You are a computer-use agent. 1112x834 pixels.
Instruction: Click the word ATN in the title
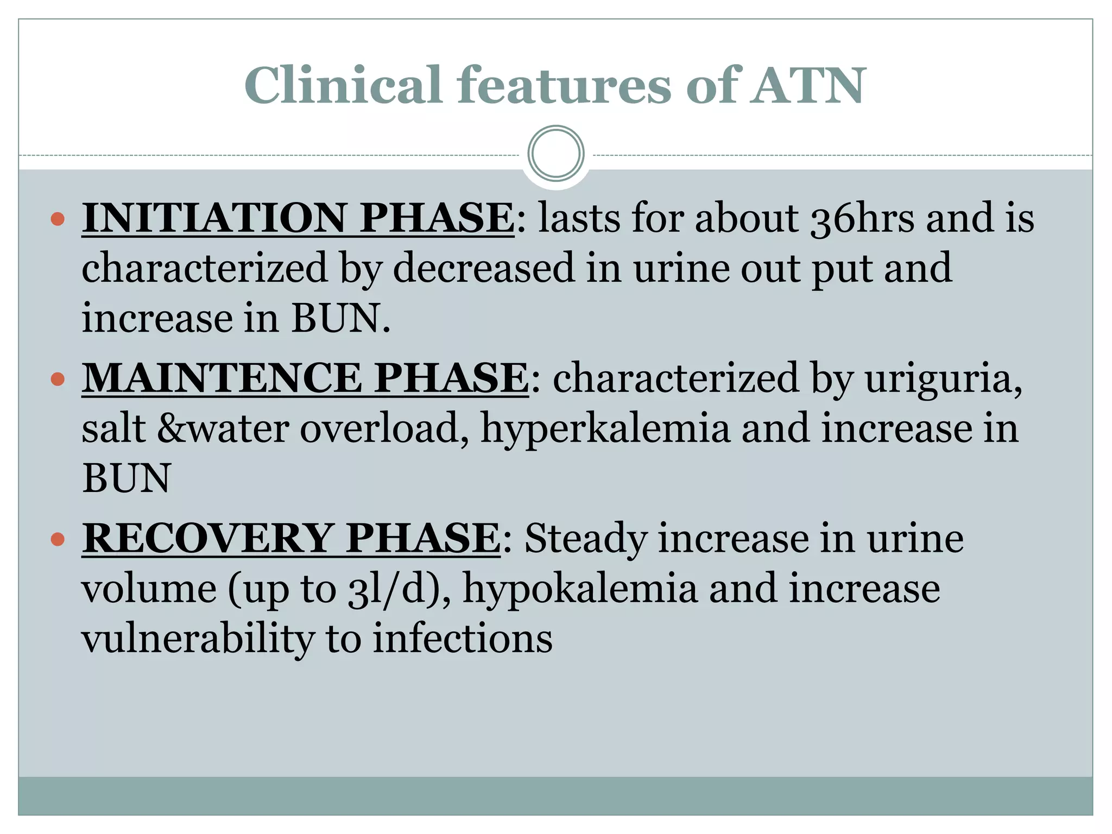808,86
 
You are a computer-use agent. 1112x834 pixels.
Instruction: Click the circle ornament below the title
555,153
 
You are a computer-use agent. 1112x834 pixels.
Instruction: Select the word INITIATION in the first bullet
213,218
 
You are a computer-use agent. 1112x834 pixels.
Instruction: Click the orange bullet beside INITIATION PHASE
58,219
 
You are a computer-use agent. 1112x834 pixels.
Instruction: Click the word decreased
484,268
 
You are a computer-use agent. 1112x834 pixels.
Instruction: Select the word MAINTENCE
222,378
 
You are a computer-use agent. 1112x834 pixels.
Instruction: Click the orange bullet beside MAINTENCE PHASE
58,378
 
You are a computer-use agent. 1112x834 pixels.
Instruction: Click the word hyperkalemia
605,429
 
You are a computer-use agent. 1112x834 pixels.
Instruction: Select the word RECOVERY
207,539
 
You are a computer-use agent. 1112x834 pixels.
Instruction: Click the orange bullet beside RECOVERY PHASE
58,539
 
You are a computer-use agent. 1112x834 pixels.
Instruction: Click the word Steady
586,539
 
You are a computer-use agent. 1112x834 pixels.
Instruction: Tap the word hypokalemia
580,589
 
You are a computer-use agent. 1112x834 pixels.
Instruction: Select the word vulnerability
198,639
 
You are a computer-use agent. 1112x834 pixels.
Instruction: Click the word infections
462,639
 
